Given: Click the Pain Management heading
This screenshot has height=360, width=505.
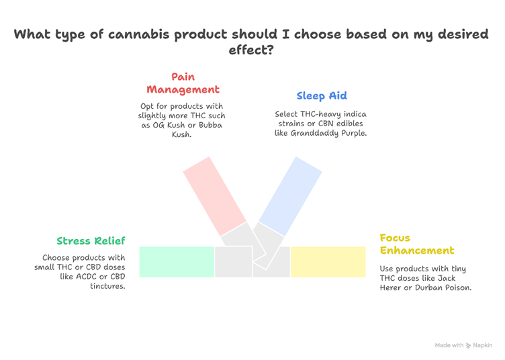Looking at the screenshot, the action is coord(183,83).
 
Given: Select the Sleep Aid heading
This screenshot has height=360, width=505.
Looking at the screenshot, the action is coord(322,96).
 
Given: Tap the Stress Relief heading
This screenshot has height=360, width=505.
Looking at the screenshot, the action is coord(91,241).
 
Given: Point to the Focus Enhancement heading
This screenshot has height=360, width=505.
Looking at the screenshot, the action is coord(417,244).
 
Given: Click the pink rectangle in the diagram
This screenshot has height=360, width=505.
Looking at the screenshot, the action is coord(214,196).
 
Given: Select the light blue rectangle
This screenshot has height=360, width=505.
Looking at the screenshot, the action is coord(290,196).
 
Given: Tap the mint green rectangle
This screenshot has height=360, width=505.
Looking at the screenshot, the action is coord(177,262).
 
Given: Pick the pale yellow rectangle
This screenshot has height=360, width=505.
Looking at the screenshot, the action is coord(328,262).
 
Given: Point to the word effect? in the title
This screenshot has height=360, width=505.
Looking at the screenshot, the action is coord(251,50).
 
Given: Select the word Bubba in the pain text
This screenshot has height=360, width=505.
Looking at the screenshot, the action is coord(210,125).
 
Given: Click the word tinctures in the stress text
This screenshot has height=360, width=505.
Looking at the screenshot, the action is coord(107,286).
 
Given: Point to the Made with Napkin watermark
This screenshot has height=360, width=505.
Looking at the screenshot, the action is coord(463,345).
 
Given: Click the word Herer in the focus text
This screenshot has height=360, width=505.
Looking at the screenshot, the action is coord(390,287).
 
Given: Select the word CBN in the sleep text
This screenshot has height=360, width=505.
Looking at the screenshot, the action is coord(325,124).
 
